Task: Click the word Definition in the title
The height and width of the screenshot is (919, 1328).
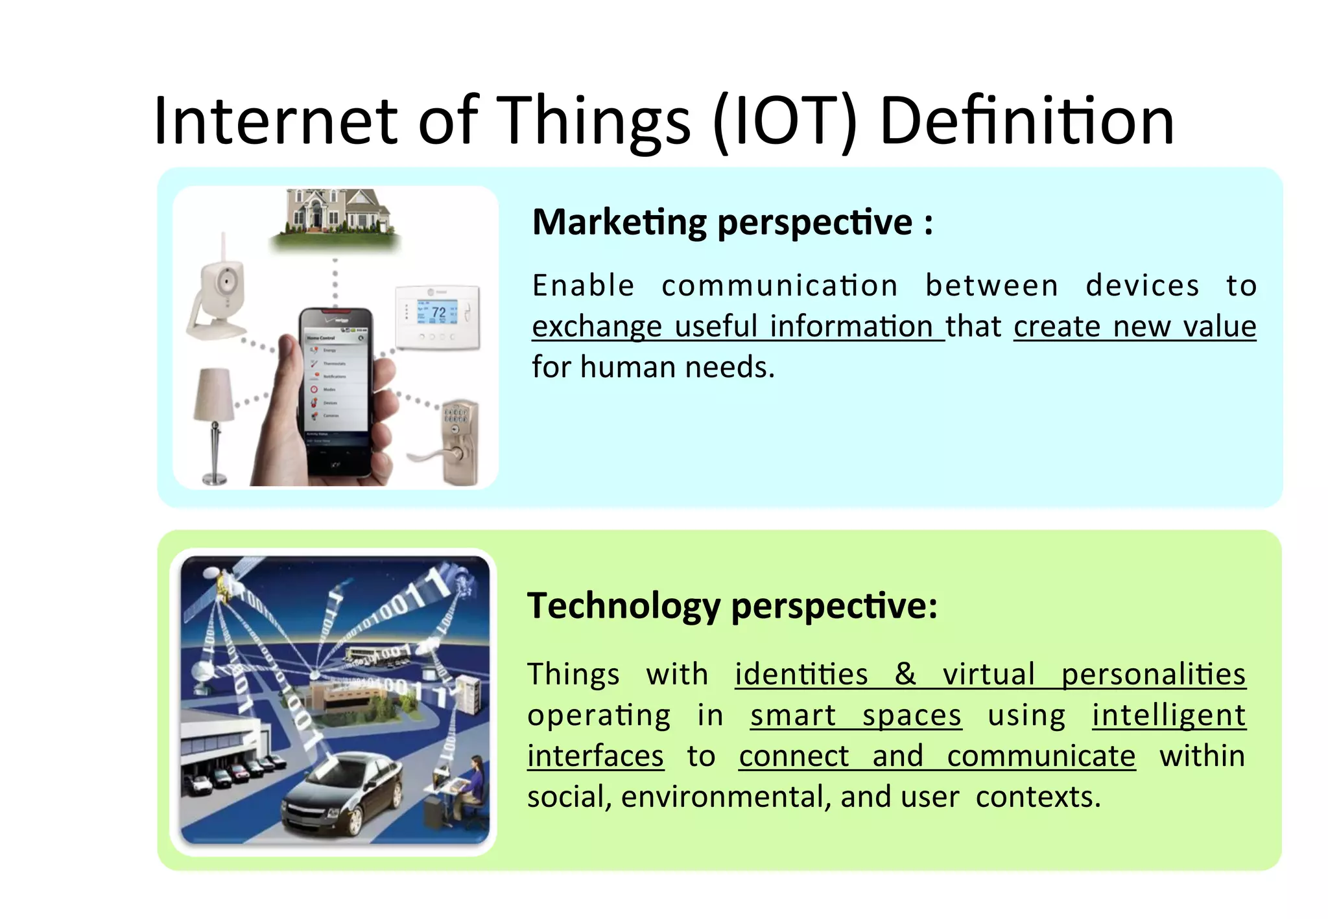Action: [1026, 122]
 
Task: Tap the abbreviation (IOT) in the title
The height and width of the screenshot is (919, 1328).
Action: [785, 122]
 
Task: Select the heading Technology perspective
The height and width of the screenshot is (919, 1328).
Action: [731, 606]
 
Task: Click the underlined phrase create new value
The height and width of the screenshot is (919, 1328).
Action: [1135, 326]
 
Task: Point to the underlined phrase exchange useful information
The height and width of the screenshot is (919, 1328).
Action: [738, 326]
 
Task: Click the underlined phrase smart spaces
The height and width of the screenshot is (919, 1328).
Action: [855, 715]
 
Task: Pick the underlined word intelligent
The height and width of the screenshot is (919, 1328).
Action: [1168, 715]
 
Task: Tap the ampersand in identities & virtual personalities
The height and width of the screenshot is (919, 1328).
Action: [905, 674]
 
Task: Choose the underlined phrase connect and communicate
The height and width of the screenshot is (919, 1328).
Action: [937, 756]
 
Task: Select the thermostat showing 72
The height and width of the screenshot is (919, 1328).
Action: [438, 316]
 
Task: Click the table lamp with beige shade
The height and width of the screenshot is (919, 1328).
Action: [214, 415]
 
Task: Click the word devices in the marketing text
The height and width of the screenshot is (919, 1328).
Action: [1142, 286]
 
